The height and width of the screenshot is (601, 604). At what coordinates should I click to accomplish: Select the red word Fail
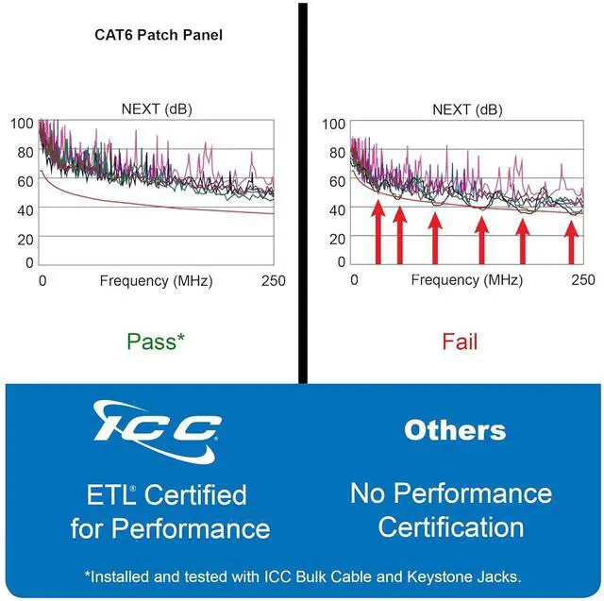coord(460,341)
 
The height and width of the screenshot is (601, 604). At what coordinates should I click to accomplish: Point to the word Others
coord(455,431)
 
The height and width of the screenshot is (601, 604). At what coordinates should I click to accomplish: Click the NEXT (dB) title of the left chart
coord(159,109)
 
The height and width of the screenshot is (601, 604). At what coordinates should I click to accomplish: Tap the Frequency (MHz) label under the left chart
coord(156,280)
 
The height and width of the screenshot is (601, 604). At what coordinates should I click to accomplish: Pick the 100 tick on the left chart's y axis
coord(23,124)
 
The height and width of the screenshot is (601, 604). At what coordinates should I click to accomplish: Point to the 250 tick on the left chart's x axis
coord(273,280)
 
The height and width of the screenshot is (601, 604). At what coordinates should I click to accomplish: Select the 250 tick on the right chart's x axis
coord(583,280)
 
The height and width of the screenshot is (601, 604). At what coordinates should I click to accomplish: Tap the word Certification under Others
coord(451,526)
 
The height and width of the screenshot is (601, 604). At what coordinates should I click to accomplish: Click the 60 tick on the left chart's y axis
coord(26,180)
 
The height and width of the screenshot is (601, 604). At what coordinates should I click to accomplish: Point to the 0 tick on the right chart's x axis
coord(354,280)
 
